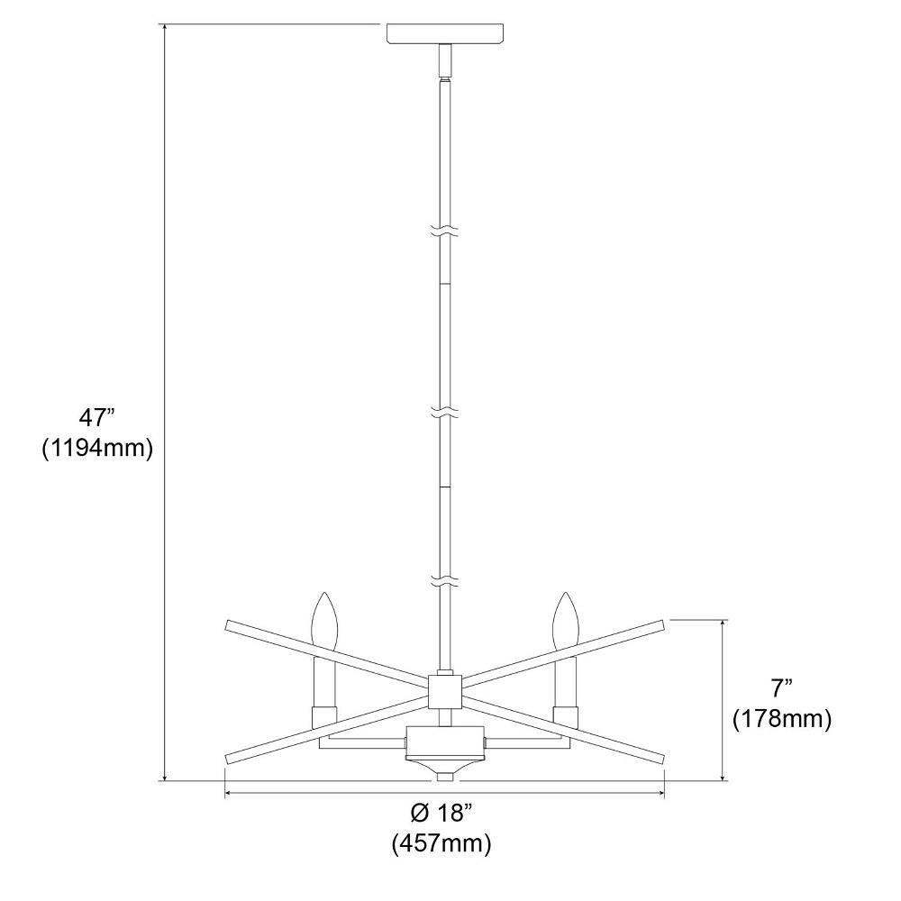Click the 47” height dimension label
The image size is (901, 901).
tap(97, 417)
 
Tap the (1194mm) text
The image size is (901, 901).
tap(97, 448)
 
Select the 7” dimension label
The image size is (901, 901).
tap(781, 688)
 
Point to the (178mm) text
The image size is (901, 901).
tap(782, 718)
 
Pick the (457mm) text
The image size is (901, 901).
tap(441, 843)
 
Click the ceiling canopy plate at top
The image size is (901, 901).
tap(445, 33)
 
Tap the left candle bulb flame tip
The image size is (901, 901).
tap(324, 593)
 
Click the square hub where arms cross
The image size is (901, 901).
tap(445, 691)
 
